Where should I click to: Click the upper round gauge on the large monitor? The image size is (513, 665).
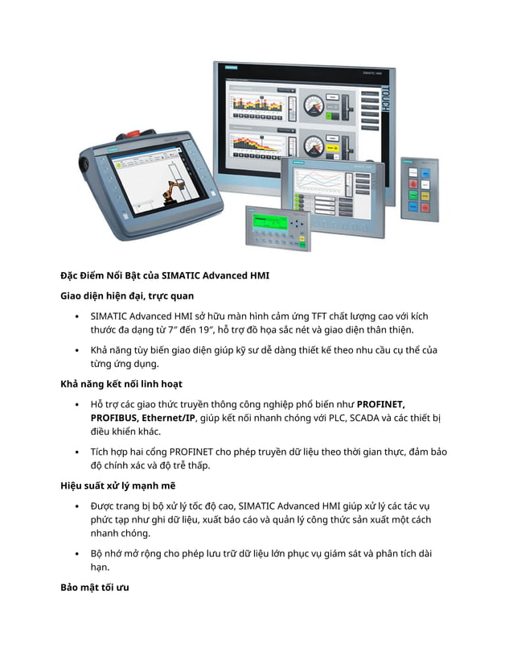click(315, 104)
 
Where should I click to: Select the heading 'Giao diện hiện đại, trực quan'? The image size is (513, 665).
click(127, 296)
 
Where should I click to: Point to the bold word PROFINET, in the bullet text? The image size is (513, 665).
click(380, 403)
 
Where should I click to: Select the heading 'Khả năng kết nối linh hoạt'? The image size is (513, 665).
click(121, 383)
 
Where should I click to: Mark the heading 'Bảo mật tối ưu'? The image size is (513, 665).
click(94, 587)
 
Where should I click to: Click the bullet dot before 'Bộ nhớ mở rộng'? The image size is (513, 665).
click(76, 554)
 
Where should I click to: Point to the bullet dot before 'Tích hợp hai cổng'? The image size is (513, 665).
click(76, 452)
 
